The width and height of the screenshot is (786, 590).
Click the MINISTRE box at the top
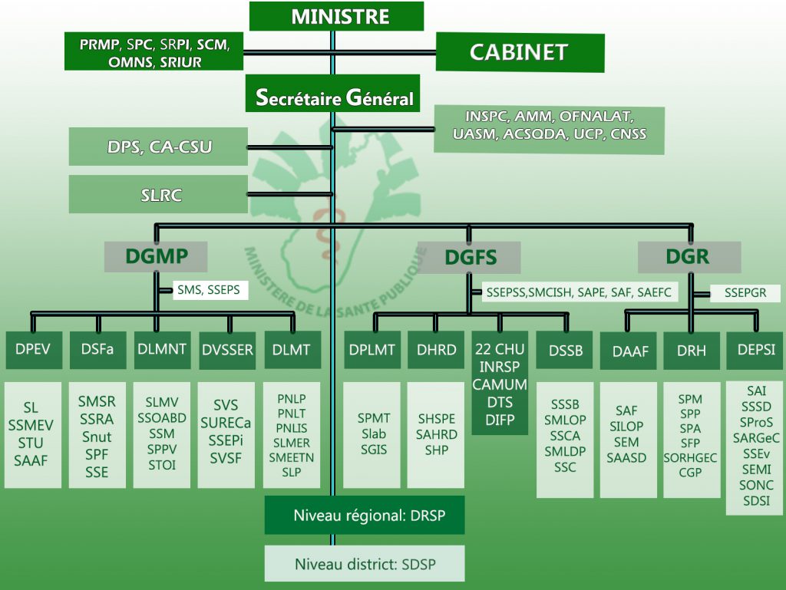[336, 16]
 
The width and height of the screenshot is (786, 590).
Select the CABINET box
[520, 52]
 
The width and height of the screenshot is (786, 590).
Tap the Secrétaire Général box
[332, 94]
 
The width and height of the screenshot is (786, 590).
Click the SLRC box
[158, 194]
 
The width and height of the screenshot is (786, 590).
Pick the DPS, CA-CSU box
[158, 147]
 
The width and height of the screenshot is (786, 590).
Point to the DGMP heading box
[156, 256]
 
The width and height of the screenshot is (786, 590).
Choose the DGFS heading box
[469, 258]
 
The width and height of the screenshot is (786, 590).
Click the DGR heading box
[689, 257]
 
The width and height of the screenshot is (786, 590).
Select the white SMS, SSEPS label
[210, 290]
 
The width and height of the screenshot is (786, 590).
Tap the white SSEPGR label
[745, 293]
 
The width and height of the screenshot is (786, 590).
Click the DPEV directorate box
[34, 350]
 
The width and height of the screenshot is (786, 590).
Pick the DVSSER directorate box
[227, 350]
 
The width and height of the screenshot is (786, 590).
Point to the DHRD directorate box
[436, 350]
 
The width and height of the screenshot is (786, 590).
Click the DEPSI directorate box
[755, 350]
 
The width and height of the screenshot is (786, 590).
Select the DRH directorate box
[692, 351]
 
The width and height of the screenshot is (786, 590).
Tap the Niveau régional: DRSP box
[365, 515]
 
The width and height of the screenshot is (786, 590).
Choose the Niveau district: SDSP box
[365, 564]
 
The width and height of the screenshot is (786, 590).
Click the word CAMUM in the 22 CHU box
[500, 384]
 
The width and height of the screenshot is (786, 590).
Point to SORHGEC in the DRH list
[691, 458]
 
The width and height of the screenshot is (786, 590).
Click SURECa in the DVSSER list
[226, 424]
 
